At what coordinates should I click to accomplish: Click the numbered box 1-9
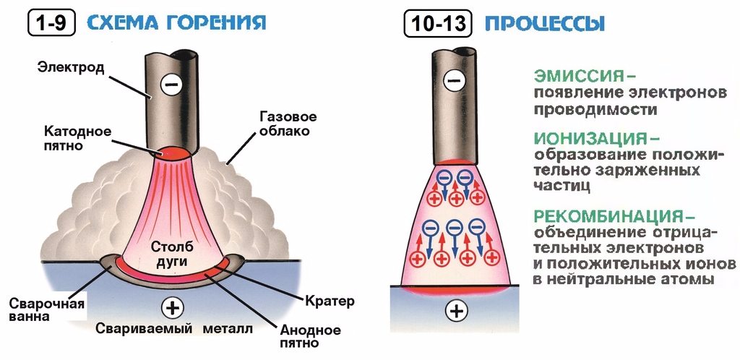click(x=51, y=22)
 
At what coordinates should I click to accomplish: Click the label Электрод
click(x=72, y=67)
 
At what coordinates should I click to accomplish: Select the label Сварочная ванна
click(x=47, y=309)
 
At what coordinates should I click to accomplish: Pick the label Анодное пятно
click(x=311, y=336)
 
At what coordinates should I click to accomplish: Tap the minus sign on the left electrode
click(x=171, y=85)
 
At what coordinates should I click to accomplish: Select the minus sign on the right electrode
click(x=454, y=80)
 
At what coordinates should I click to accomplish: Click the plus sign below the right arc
click(x=456, y=311)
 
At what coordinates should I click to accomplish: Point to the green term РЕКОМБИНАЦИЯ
click(x=608, y=217)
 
